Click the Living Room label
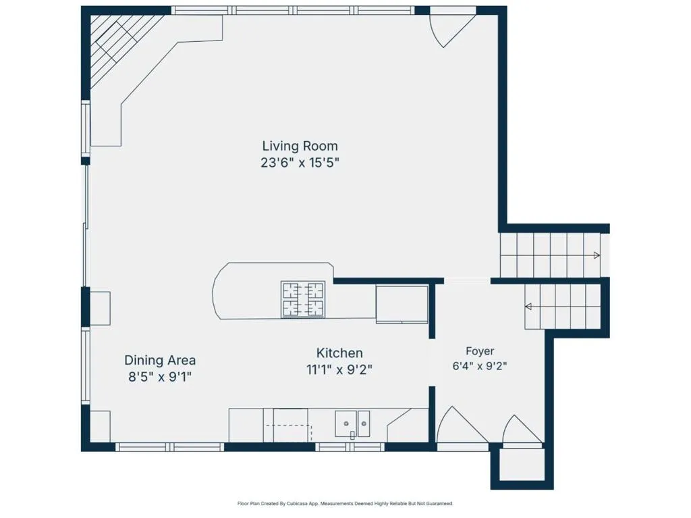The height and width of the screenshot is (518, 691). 300,146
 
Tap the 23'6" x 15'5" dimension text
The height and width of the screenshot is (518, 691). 300,163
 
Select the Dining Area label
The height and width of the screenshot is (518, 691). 160,360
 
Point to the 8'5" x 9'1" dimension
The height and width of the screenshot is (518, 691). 160,377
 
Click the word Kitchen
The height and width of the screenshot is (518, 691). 339,353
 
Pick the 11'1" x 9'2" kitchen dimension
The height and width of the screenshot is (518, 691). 339,369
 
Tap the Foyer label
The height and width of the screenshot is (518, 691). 480,351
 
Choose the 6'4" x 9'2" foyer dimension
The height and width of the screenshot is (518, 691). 480,366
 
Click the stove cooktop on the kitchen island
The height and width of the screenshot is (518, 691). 303,299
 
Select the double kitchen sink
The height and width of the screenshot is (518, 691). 352,423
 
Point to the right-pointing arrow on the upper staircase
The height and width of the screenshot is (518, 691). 597,255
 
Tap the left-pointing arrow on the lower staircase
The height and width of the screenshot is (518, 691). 528,307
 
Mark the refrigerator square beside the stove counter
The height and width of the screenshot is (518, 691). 402,305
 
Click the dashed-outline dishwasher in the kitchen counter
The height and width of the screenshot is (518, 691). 289,432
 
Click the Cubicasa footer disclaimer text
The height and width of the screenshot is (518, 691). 345,503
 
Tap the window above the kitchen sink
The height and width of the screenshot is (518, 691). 351,447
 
